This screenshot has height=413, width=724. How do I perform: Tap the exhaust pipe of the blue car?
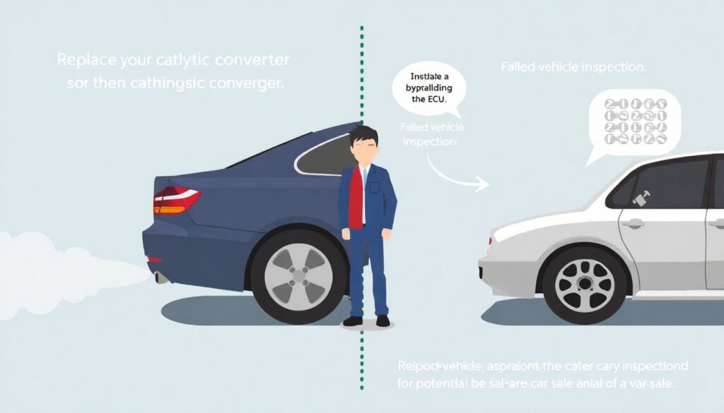[162, 277]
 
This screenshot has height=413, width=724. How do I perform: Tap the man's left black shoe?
[352, 321]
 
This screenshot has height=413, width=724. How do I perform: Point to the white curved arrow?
[456, 175]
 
